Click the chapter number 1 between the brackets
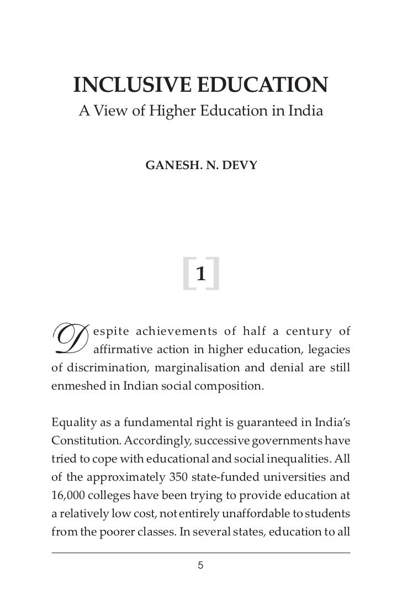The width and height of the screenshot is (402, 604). [x=202, y=273]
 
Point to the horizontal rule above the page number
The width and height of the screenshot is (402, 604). [x=201, y=553]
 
